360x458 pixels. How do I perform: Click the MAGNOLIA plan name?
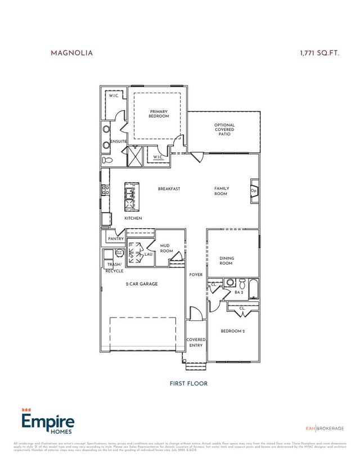71,53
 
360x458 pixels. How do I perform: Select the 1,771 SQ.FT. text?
320,53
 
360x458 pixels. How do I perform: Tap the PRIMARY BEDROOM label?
159,114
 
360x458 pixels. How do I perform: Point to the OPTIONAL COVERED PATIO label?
224,130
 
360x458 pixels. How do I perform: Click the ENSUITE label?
118,141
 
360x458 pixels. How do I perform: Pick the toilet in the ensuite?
107,160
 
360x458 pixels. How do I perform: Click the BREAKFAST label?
169,189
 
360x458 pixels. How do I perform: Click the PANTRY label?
115,239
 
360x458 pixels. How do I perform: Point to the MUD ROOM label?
165,248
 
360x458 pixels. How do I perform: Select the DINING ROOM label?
226,261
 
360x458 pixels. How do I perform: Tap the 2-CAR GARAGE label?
141,284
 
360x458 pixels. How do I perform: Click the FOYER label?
195,275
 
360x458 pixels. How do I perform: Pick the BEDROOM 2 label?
233,331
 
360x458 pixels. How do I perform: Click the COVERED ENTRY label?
196,343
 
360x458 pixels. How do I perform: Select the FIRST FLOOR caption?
188,384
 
